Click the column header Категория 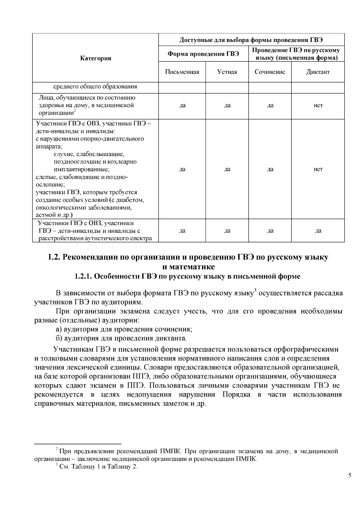[x=95, y=58]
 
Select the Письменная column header [x=182, y=72]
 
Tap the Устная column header [x=227, y=72]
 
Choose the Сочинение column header [x=270, y=72]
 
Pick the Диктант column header [x=318, y=72]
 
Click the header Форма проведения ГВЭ [x=203, y=54]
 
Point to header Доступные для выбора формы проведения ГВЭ [x=251, y=40]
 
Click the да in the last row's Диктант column [x=318, y=231]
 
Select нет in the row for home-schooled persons [x=318, y=105]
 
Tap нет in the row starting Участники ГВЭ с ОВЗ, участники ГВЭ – [x=318, y=169]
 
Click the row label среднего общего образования [x=95, y=87]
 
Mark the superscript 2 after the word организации [x=75, y=111]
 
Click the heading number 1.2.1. [x=83, y=277]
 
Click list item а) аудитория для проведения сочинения [x=124, y=329]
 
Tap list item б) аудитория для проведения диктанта [x=121, y=338]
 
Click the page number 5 [x=349, y=476]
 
